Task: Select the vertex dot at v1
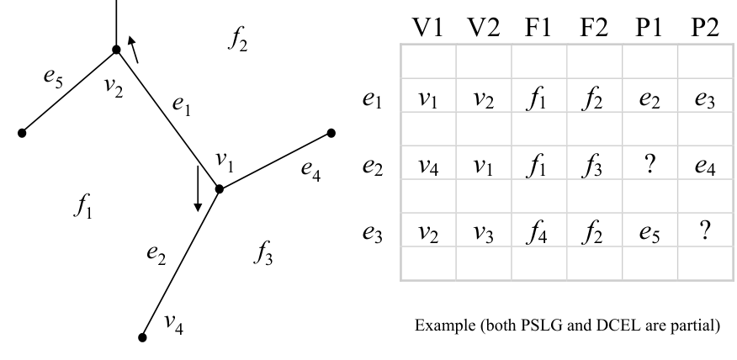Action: click(220, 189)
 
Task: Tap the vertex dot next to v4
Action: click(142, 337)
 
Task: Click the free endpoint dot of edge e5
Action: click(21, 132)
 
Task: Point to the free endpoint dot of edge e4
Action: click(331, 132)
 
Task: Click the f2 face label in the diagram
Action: click(238, 38)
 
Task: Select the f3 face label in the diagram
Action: click(262, 251)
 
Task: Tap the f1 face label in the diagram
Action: click(82, 205)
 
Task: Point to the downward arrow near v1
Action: click(197, 188)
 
